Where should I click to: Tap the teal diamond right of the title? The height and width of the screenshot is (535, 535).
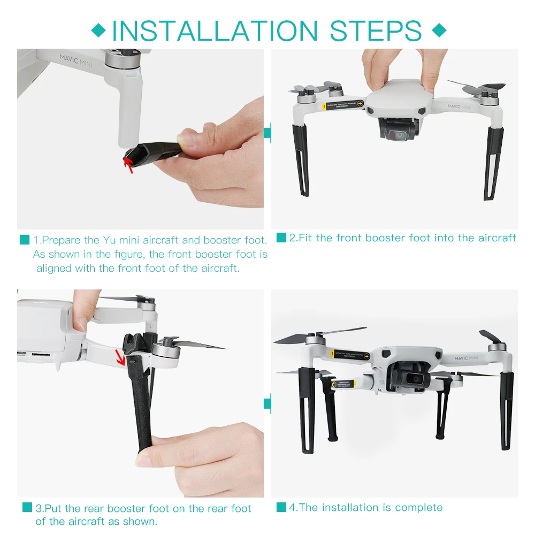(x=439, y=30)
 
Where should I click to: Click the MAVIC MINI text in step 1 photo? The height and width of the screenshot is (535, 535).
(x=76, y=60)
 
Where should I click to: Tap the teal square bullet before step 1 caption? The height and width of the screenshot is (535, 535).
(x=25, y=240)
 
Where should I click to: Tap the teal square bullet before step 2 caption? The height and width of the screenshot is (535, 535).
(x=281, y=237)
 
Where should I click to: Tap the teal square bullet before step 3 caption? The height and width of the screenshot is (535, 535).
(x=27, y=508)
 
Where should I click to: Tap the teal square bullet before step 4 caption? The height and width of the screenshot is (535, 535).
(x=281, y=507)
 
